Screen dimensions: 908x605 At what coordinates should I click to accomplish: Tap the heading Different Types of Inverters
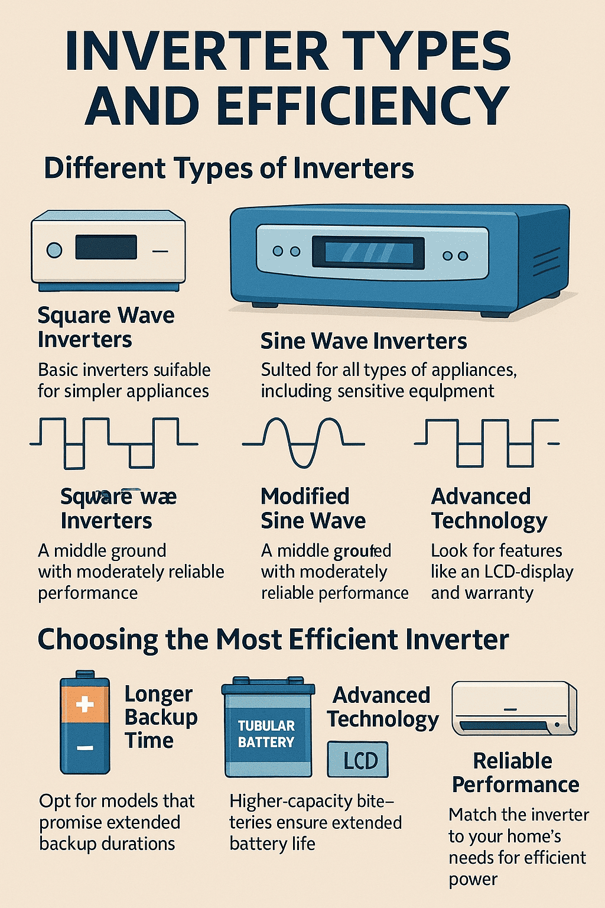tap(229, 168)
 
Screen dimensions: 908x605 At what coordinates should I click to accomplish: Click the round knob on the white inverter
tap(54, 249)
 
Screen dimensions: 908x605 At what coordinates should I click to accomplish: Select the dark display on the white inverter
tap(106, 247)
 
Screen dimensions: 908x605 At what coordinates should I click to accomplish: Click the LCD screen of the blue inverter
tap(368, 253)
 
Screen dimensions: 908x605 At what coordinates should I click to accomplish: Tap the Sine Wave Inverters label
tap(363, 341)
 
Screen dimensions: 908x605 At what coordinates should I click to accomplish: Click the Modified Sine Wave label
tap(313, 508)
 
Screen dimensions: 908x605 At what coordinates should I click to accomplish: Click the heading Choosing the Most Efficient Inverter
tap(273, 640)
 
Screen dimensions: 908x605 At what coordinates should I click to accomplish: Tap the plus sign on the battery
tap(85, 704)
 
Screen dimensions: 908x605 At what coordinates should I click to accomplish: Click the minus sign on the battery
tap(85, 748)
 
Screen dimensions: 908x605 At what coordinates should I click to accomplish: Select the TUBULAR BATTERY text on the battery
tap(266, 734)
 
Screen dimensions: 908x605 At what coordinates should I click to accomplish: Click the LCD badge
tap(358, 760)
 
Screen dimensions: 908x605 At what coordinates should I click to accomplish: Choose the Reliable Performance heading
tap(515, 773)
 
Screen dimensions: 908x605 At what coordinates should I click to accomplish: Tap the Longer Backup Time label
tap(160, 717)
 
